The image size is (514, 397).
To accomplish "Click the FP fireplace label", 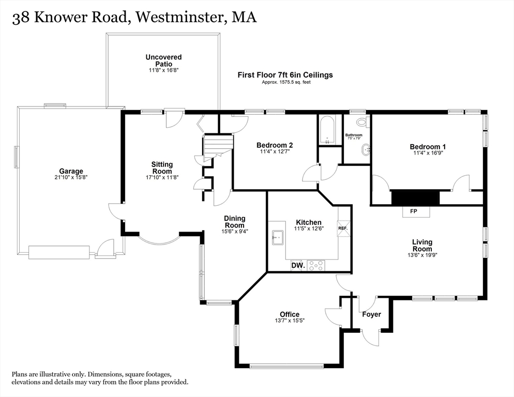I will pos(414,211).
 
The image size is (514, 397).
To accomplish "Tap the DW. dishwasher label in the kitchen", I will pos(297,266).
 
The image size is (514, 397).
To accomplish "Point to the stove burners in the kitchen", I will pos(316,265).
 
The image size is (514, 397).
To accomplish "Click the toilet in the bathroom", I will pos(364,122).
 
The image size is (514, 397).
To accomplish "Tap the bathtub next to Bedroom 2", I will pos(328,130).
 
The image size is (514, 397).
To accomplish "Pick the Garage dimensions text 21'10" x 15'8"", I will pos(71,178).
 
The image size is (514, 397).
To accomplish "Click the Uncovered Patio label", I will pos(163,60).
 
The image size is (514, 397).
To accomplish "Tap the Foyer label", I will pos(371,314).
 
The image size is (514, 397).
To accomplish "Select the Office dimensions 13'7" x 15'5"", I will pos(290,321).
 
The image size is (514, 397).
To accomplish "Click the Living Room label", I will pos(422,246).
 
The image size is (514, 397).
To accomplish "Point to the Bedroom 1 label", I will pos(428,147).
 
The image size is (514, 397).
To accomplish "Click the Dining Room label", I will pos(234,222).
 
